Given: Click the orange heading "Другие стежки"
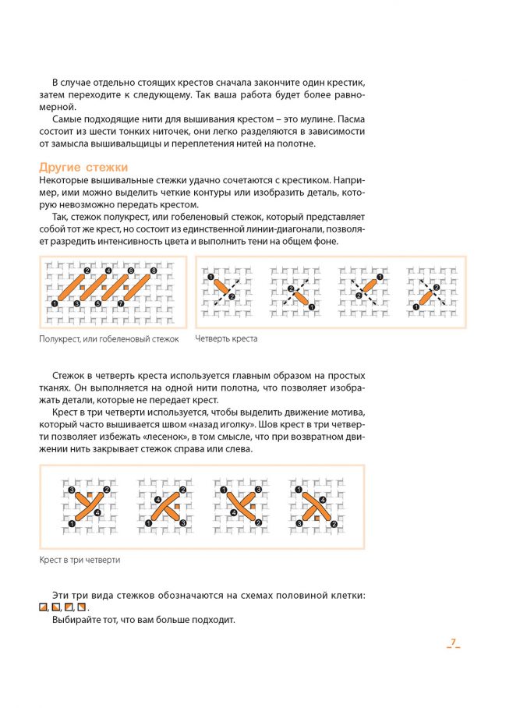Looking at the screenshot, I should [83, 167].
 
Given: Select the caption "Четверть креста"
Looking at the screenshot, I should [226, 338].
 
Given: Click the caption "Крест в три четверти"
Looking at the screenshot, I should [80, 560].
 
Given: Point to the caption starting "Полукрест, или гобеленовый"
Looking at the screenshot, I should [109, 338].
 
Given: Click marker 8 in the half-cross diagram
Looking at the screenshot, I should [153, 271].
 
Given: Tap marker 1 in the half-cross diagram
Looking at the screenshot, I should [54, 303].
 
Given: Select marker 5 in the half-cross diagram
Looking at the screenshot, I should [98, 303].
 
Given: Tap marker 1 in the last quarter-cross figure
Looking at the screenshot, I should [416, 307].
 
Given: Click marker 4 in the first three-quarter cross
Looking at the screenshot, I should [97, 512].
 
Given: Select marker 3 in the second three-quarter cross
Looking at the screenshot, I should [182, 524].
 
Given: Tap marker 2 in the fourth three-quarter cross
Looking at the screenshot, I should [334, 524].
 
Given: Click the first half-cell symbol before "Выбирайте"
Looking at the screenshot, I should [44, 607].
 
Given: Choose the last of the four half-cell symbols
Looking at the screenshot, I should [81, 607].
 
